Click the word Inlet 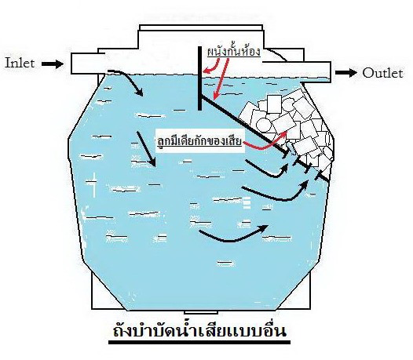coord(20,64)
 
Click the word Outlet coord(382,73)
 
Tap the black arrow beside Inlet coord(53,64)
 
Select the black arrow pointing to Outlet coord(345,72)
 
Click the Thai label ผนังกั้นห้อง coord(234,51)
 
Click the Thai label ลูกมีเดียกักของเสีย coord(199,141)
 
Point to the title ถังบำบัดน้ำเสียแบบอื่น coord(199,330)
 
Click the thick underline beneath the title coord(199,342)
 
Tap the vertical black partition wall coord(200,78)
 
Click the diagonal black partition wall coord(265,138)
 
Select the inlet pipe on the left coord(88,64)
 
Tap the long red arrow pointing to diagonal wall coord(221,79)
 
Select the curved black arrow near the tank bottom coord(232,239)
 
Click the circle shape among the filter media coord(264,125)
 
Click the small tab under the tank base coord(201,312)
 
